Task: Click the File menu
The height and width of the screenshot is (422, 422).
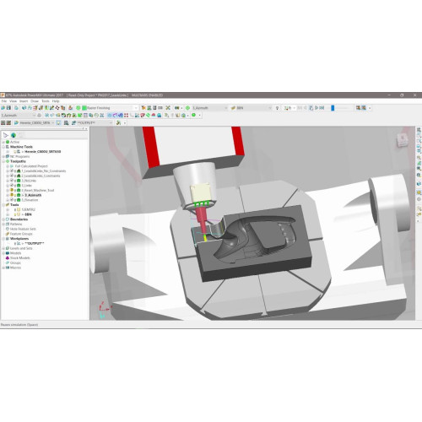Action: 3,100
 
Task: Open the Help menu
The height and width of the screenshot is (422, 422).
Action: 56,100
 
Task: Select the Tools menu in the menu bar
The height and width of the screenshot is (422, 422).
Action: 46,100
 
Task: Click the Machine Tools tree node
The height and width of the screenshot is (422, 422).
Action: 18,147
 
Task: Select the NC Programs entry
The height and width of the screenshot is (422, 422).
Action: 17,157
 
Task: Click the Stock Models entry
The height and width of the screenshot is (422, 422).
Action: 19,264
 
